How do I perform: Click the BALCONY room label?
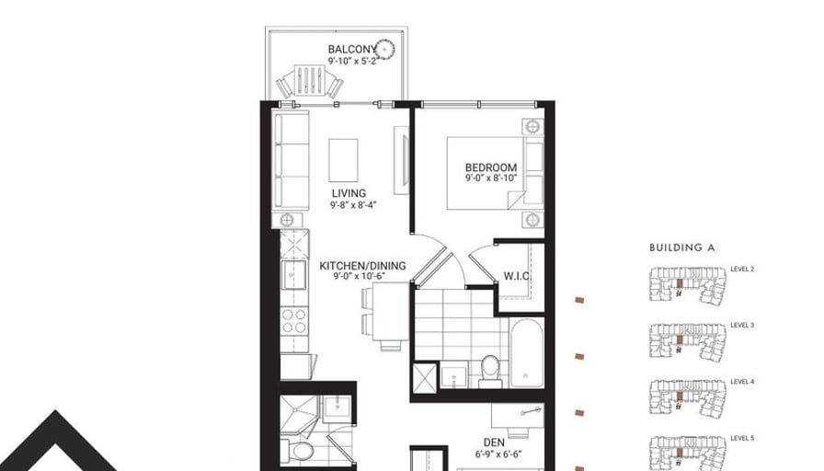pos(352,50)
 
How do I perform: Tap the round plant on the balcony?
pos(385,50)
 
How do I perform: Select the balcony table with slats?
pos(310,80)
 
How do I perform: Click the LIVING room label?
pos(349,193)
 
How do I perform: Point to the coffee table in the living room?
pos(344,160)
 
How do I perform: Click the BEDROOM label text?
pos(491,167)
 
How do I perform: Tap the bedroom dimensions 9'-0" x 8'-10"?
pos(491,178)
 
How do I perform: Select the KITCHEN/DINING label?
pos(362,266)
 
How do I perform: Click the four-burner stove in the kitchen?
pos(294,321)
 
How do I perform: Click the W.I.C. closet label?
pos(517,276)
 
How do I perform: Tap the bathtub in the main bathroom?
pos(526,351)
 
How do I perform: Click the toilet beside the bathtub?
pos(491,369)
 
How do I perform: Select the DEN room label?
pos(494,442)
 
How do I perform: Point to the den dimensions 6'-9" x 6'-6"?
pos(498,454)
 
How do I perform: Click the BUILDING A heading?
pos(682,247)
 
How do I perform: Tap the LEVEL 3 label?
pos(742,326)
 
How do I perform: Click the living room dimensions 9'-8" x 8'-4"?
pos(353,205)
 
